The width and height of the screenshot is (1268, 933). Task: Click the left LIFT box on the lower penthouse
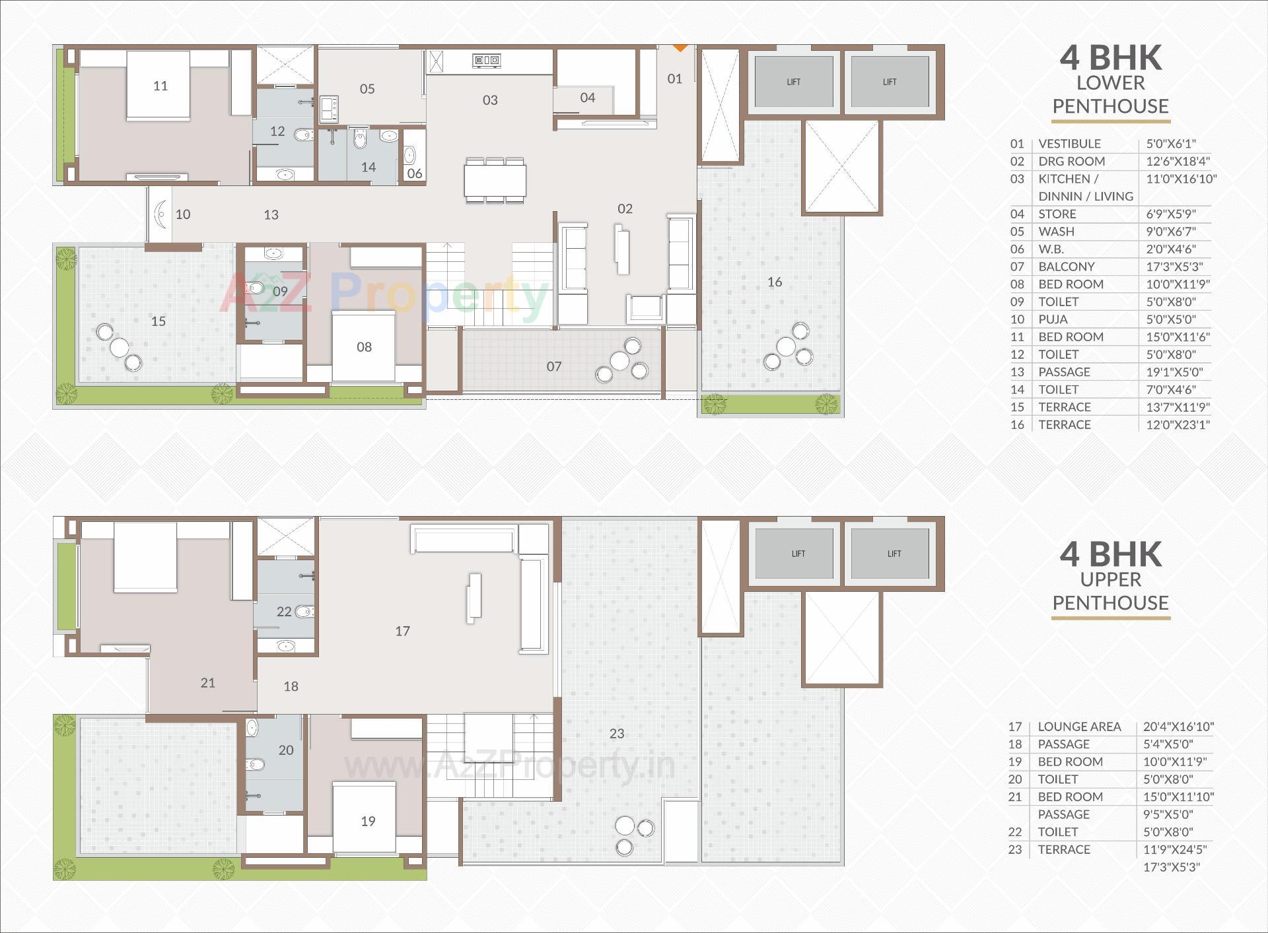coord(793,82)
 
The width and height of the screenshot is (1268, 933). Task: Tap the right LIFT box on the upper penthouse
coord(894,553)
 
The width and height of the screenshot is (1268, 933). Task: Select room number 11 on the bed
coord(160,86)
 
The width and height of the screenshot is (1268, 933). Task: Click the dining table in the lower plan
coord(495,179)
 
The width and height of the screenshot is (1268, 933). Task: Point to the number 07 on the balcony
coord(553,366)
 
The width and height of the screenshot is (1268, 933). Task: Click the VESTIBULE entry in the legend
coord(1069,144)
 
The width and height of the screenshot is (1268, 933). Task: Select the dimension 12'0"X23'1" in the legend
coord(1178,425)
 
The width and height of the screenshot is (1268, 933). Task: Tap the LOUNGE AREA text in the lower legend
coord(1078,726)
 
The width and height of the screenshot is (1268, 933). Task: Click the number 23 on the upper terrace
coord(616,733)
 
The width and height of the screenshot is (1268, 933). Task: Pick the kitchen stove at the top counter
coord(486,61)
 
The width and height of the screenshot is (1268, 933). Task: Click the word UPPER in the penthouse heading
coord(1110,579)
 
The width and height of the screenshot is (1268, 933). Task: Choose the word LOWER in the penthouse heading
coord(1110,83)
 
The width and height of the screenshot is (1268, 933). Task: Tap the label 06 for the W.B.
coord(414,174)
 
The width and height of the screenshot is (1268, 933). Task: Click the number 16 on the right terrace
coord(774,282)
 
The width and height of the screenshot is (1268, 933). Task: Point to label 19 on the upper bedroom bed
coord(368,821)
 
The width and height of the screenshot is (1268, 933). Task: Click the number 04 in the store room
coord(587,98)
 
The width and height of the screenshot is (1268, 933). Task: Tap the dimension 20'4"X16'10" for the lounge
coord(1178,726)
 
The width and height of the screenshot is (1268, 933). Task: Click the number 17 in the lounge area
coord(402,631)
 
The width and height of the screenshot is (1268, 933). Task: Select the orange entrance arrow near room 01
coord(680,48)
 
